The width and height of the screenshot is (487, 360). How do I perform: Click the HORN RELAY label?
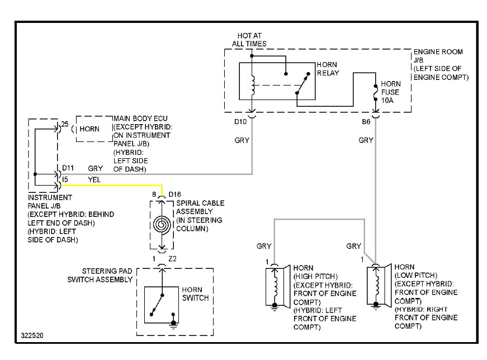(328, 69)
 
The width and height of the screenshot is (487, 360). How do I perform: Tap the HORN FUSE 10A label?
(391, 92)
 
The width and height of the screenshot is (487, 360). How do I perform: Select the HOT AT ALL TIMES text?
(249, 40)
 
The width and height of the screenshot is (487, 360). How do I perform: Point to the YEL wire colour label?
(94, 179)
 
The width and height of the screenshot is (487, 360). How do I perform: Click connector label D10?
(240, 121)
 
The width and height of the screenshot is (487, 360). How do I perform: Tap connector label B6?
(366, 121)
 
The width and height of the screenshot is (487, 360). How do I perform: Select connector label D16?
(174, 195)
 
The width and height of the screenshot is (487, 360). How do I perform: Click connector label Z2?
(172, 258)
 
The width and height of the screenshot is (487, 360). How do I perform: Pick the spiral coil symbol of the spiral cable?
(162, 224)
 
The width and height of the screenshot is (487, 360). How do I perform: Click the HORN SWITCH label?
(195, 294)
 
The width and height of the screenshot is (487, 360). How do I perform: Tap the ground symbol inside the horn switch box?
(173, 324)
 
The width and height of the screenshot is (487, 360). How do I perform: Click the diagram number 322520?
(32, 335)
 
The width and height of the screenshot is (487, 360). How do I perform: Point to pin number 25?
(65, 124)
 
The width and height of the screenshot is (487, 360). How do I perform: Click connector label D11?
(68, 168)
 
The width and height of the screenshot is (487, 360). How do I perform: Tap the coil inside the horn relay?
(253, 85)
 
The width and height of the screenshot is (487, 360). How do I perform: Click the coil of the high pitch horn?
(275, 286)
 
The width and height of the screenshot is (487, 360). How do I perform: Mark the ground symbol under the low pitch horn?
(376, 306)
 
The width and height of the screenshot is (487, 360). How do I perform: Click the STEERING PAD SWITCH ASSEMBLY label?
(100, 275)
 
